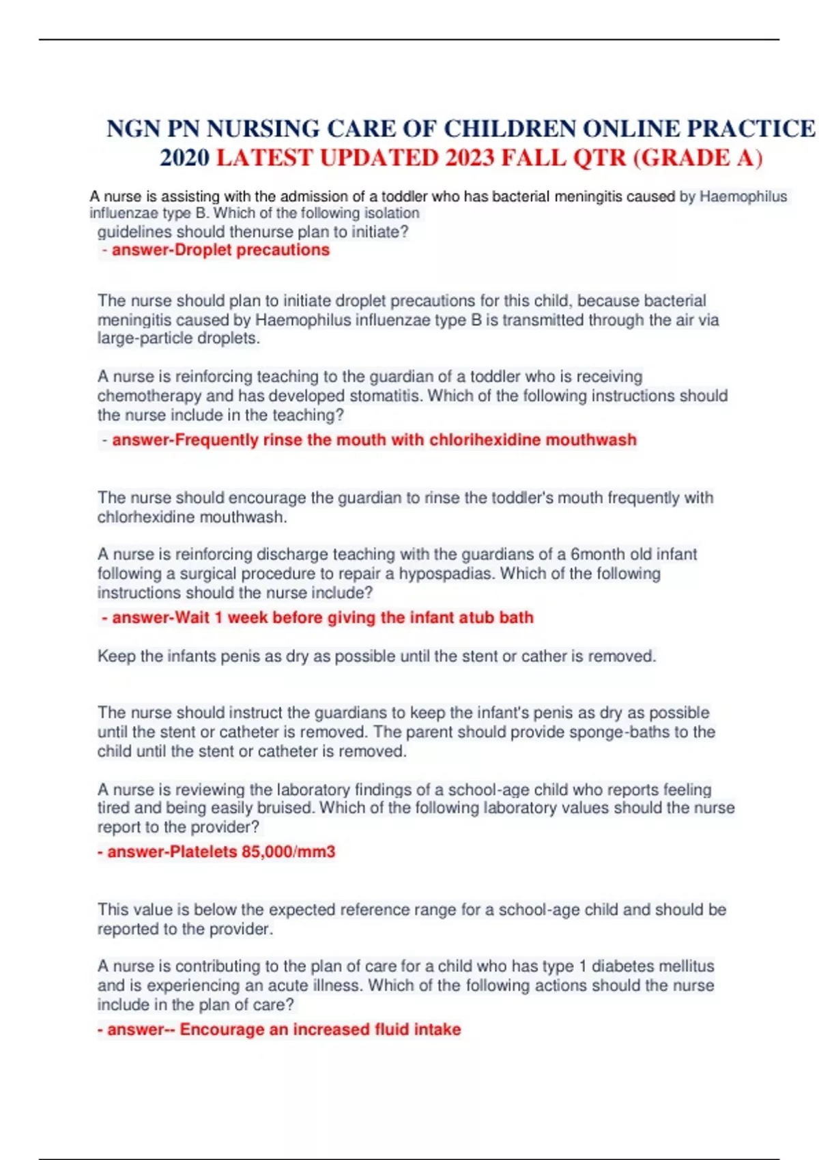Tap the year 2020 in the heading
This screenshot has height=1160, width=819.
(184, 158)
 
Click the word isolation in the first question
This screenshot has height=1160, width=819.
(392, 213)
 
